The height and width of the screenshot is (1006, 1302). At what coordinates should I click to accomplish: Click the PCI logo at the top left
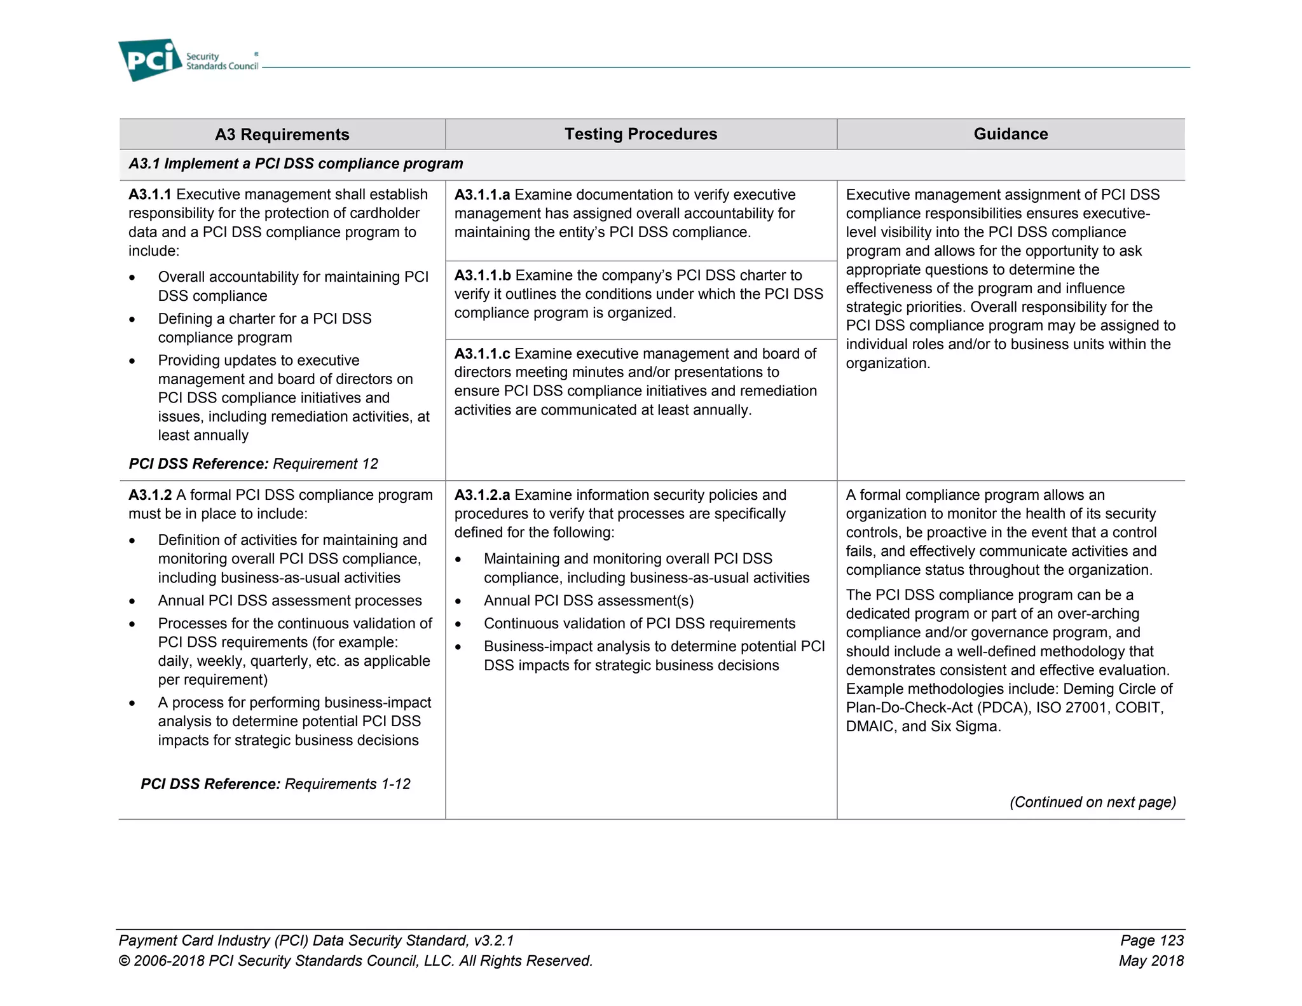tap(150, 60)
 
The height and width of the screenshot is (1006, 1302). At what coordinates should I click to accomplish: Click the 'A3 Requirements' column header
tap(282, 134)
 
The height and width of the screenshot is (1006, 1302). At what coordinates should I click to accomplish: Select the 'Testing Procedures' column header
tap(640, 134)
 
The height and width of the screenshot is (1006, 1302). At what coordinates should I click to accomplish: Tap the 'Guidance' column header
tap(1010, 134)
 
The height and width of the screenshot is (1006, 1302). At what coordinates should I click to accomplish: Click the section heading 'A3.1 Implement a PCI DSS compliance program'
tap(296, 163)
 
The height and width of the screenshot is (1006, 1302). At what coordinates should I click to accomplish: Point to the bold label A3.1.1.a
tap(482, 195)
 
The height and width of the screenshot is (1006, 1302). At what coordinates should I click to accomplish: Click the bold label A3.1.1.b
tap(483, 275)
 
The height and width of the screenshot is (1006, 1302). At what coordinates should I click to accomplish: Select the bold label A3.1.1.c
tap(482, 354)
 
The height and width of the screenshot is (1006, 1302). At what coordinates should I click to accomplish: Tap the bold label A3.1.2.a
tap(482, 495)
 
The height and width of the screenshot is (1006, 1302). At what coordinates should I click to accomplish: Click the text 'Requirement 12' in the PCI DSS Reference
tap(325, 464)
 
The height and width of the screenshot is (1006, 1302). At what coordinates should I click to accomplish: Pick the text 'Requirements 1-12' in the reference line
tap(347, 784)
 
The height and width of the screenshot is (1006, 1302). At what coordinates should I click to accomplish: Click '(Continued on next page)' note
tap(1092, 802)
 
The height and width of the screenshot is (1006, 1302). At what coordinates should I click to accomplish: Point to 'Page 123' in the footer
tap(1151, 941)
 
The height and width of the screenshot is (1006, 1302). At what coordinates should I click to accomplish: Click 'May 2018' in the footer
tap(1151, 961)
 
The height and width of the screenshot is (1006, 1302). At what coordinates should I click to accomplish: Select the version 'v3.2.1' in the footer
tap(493, 941)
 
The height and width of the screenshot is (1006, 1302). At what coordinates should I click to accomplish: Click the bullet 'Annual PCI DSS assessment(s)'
tap(588, 601)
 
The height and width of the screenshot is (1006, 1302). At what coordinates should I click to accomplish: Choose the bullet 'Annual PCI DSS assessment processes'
tap(289, 601)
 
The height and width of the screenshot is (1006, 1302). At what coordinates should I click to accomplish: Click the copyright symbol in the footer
tap(124, 961)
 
